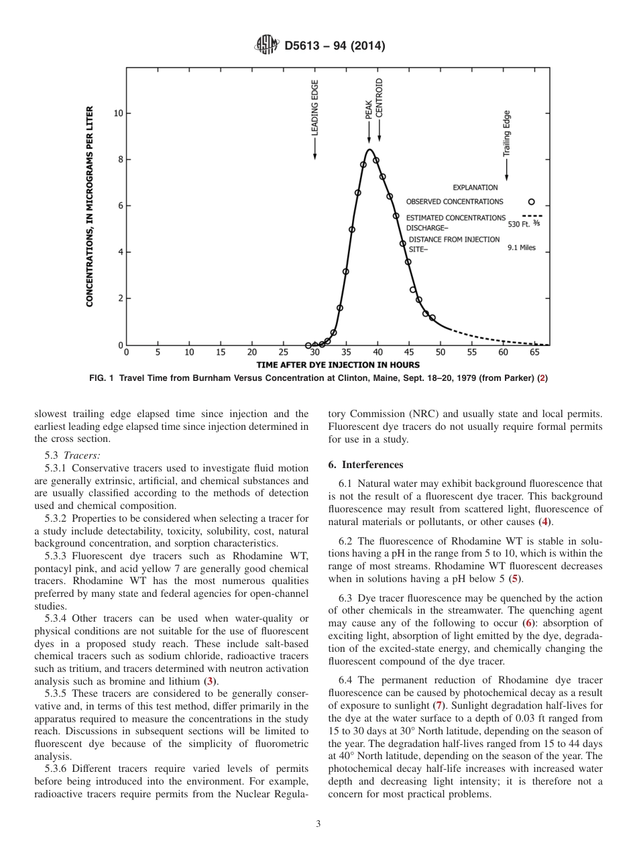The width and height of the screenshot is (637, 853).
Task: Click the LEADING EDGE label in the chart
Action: point(314,108)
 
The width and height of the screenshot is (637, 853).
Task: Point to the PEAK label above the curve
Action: point(369,109)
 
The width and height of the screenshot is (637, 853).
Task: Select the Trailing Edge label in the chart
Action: point(507,133)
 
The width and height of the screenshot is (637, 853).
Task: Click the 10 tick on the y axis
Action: point(118,113)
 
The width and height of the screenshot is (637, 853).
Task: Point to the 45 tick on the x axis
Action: point(409,352)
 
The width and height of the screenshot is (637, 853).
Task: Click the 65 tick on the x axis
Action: point(534,352)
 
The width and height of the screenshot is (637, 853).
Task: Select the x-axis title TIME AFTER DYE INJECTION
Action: point(338,365)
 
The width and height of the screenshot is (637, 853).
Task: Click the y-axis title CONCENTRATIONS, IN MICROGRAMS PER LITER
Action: point(90,206)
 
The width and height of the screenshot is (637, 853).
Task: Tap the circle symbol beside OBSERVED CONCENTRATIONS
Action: point(532,202)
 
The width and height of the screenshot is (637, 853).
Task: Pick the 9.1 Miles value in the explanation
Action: point(522,247)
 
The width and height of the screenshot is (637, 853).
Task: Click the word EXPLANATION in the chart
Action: point(475,188)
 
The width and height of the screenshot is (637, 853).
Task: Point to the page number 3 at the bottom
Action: point(318,824)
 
